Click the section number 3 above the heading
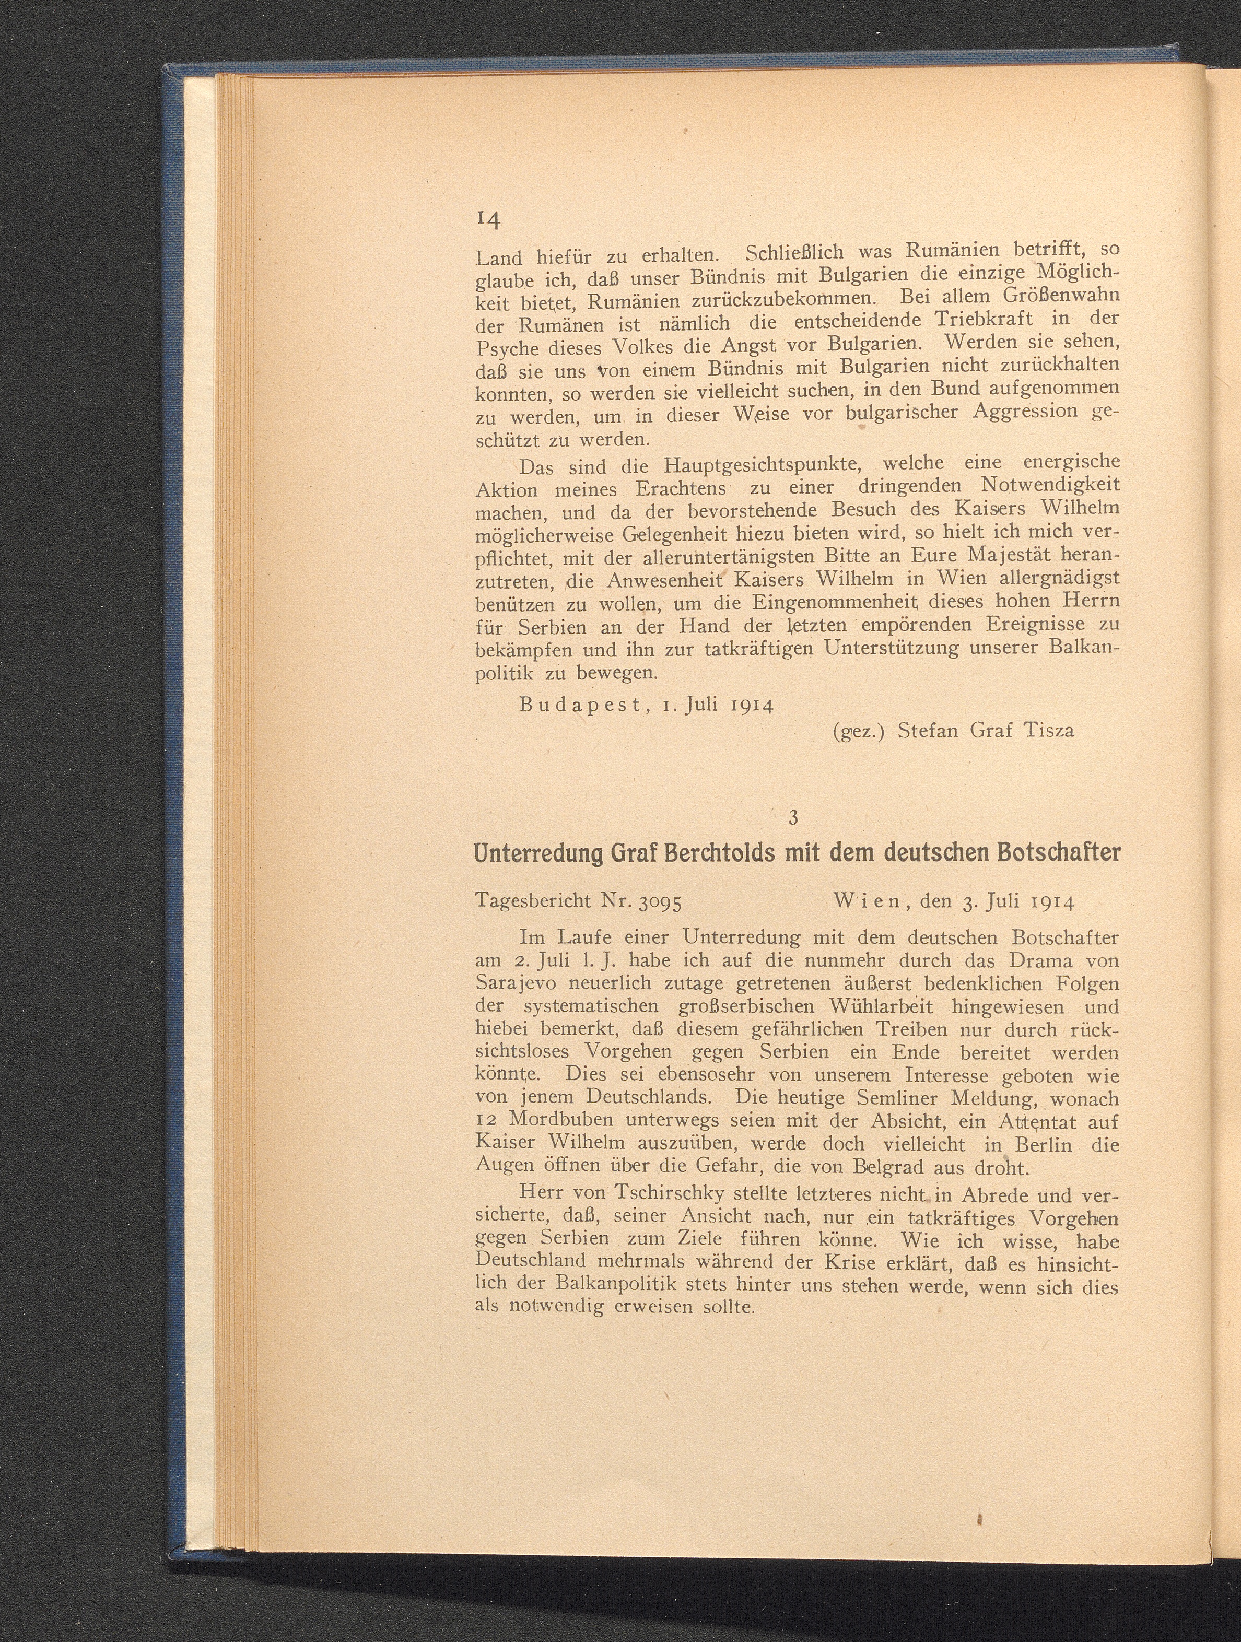793,817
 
